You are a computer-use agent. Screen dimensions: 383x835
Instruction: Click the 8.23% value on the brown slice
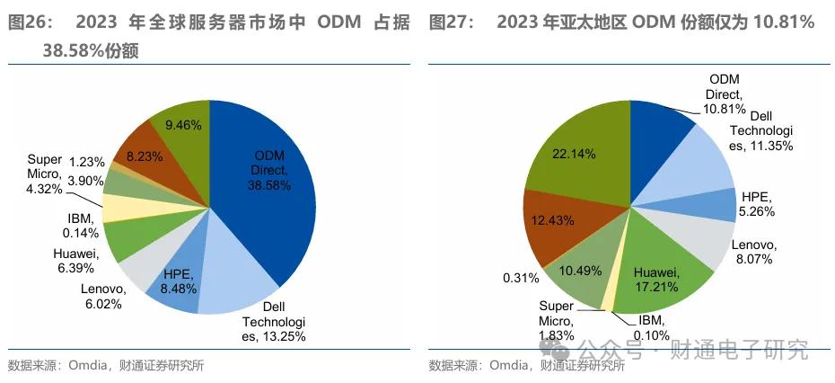pyautogui.click(x=145, y=156)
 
